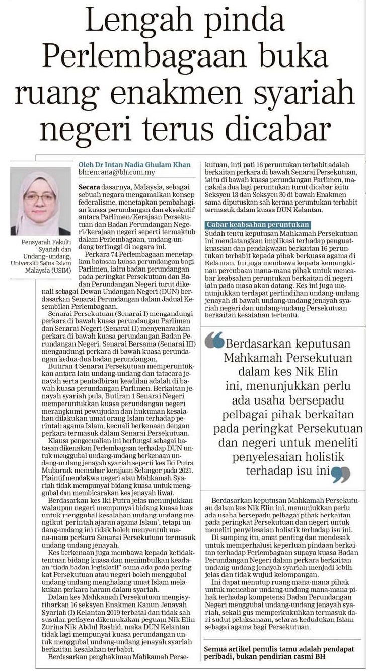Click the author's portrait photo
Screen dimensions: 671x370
(40, 202)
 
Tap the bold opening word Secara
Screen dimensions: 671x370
(90, 187)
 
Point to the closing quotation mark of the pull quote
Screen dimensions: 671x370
(341, 472)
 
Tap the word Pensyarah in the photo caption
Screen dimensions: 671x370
(37, 242)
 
